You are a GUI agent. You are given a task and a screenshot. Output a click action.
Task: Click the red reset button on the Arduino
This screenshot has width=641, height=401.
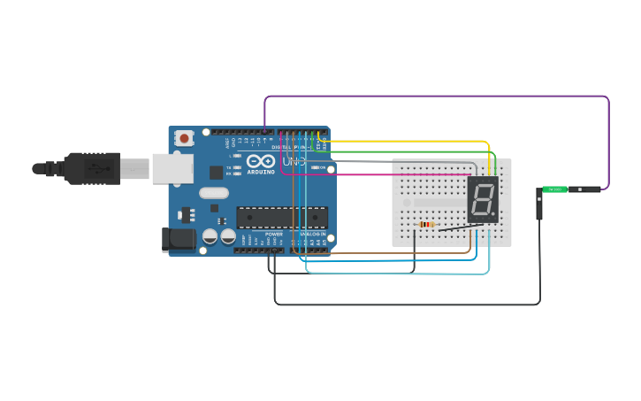(x=184, y=138)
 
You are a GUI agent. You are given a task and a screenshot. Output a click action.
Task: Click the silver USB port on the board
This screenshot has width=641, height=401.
(x=172, y=168)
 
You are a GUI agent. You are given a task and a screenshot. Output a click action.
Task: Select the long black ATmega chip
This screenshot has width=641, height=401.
(x=281, y=217)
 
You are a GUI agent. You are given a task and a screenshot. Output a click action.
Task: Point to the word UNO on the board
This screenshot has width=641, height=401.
(x=293, y=162)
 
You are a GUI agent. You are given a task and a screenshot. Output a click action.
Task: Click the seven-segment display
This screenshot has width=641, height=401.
(x=483, y=199)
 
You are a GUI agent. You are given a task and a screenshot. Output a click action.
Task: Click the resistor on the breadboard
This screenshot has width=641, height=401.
(x=427, y=225)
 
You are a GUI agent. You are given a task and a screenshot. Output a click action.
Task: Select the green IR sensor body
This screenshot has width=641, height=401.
(x=554, y=189)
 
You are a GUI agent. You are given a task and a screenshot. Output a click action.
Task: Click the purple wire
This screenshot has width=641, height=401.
(x=442, y=96)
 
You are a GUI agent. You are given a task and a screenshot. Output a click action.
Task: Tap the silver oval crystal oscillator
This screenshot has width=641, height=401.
(x=214, y=193)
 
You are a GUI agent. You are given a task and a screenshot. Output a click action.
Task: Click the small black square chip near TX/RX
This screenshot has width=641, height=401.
(x=216, y=173)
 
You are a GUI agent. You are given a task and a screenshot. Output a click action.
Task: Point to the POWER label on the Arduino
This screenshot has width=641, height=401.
(x=274, y=234)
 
